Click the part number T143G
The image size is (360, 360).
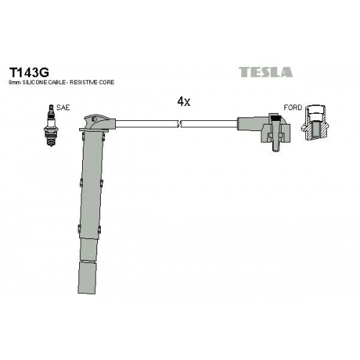click(29, 71)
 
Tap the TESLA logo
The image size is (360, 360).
click(266, 72)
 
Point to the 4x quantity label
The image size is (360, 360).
click(184, 102)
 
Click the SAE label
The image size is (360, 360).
click(63, 107)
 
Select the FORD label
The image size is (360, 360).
click(292, 107)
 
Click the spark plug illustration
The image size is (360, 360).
click(51, 125)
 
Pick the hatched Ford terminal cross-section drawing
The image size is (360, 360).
click(315, 122)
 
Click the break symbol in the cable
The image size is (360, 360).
click(179, 124)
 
